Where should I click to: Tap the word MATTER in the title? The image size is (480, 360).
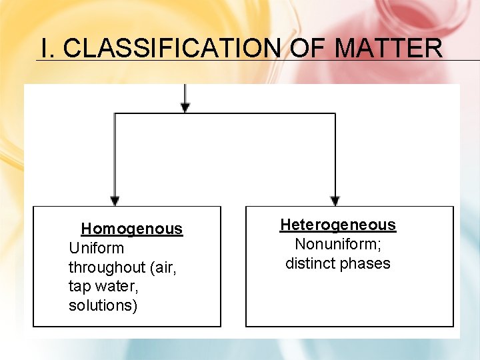[x=388, y=48]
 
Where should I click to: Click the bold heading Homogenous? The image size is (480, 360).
[x=131, y=229]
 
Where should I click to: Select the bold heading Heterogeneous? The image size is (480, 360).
[x=337, y=225]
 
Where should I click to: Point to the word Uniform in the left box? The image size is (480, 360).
[x=96, y=248]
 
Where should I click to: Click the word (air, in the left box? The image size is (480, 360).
[x=165, y=267]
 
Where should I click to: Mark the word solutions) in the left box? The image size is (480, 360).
[x=103, y=306]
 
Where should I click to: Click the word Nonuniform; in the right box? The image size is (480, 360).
[x=337, y=244]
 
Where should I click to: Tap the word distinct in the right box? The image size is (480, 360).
[x=309, y=263]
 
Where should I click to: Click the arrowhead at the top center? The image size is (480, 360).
[x=185, y=107]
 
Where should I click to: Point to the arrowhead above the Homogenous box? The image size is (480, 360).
[x=115, y=201]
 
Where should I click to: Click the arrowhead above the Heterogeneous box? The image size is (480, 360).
[x=335, y=201]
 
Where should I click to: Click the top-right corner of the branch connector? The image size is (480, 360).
[x=335, y=114]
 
